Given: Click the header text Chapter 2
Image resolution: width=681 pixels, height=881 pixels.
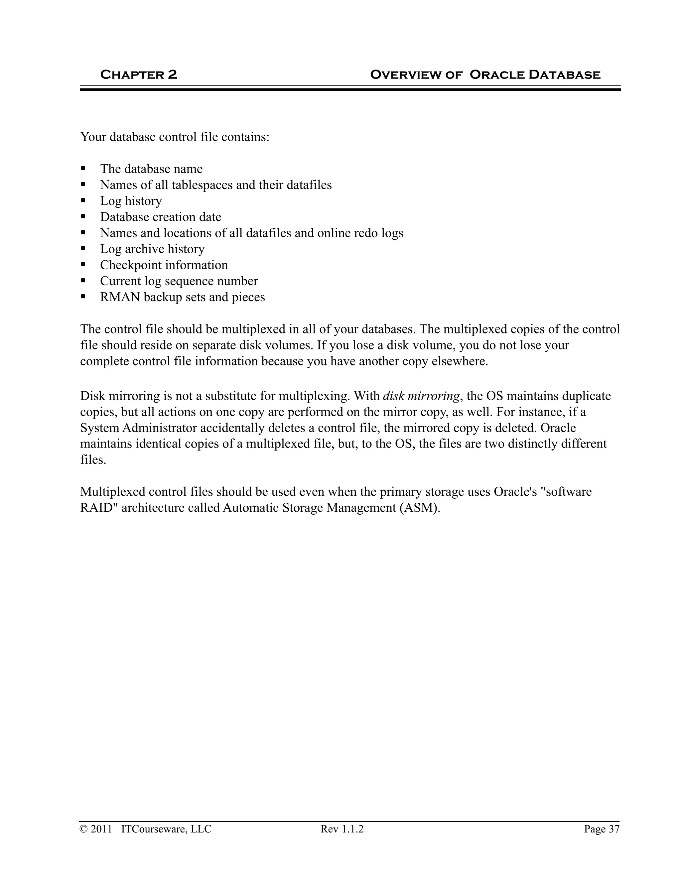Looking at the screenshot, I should [x=138, y=74].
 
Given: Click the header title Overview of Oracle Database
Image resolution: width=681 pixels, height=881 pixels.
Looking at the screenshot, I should [x=485, y=74].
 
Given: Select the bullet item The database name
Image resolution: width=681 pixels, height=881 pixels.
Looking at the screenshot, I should [x=151, y=169].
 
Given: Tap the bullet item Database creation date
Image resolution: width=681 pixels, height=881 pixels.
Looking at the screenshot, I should [x=161, y=217].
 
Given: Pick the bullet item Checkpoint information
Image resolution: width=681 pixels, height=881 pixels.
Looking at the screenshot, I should [x=164, y=265].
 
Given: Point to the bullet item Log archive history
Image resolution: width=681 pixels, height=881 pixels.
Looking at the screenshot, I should [x=152, y=249].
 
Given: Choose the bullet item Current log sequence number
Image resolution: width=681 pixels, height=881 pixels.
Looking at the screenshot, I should [x=179, y=281].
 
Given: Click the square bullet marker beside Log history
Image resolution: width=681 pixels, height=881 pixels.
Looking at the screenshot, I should [x=83, y=200].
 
